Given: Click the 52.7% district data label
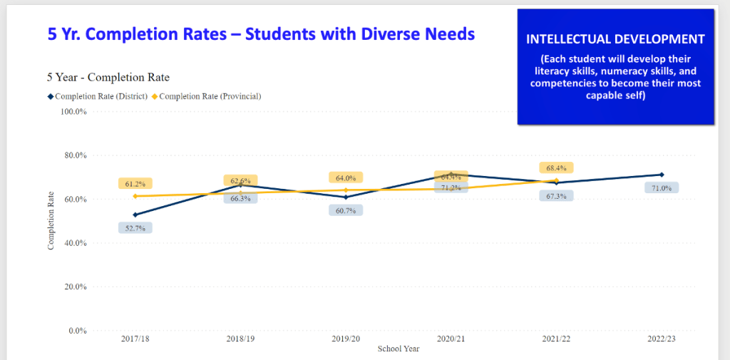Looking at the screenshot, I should pyautogui.click(x=135, y=228).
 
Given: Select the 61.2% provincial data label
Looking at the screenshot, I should pyautogui.click(x=135, y=184).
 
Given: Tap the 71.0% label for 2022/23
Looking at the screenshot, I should pyautogui.click(x=662, y=187).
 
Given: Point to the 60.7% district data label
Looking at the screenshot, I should pyautogui.click(x=346, y=210).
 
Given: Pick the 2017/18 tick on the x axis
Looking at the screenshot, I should pyautogui.click(x=135, y=339).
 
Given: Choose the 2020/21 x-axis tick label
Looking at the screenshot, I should pyautogui.click(x=451, y=339).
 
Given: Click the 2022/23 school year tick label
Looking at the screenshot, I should pyautogui.click(x=662, y=339).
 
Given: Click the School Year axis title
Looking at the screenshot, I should pyautogui.click(x=399, y=349).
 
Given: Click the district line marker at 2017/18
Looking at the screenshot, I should pyautogui.click(x=135, y=215).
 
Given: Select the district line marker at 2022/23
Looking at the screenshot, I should pyautogui.click(x=662, y=175).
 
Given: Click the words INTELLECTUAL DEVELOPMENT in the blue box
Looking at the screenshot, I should pyautogui.click(x=615, y=39).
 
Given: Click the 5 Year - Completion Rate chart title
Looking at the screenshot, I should pyautogui.click(x=108, y=77).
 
